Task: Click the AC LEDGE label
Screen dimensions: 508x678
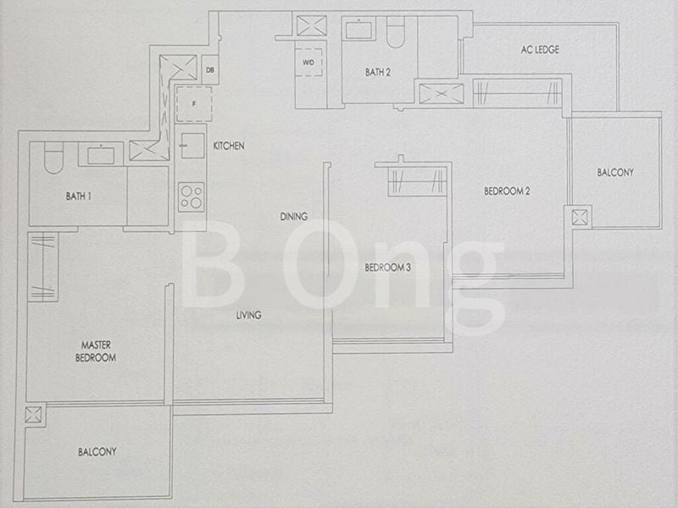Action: (540, 50)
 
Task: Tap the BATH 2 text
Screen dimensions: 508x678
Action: (378, 73)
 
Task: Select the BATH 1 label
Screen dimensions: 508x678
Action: (78, 196)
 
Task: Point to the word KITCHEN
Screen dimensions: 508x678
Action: (229, 146)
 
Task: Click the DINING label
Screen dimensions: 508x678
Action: (293, 217)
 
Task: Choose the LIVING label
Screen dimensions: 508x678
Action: (248, 315)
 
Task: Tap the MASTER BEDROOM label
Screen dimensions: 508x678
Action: (98, 351)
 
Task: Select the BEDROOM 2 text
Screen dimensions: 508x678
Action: (507, 191)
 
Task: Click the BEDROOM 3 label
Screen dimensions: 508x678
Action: (387, 268)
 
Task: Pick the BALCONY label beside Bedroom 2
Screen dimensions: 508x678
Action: (614, 173)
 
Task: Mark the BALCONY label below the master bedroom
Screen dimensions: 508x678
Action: (97, 452)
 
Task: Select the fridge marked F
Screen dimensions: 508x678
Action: (193, 103)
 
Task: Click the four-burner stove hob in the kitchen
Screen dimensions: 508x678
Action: (192, 196)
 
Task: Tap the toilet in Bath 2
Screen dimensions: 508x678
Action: (397, 32)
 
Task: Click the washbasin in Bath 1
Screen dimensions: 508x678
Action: (101, 154)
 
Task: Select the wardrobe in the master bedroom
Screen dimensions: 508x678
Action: (42, 268)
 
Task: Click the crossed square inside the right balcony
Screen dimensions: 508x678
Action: (581, 216)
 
